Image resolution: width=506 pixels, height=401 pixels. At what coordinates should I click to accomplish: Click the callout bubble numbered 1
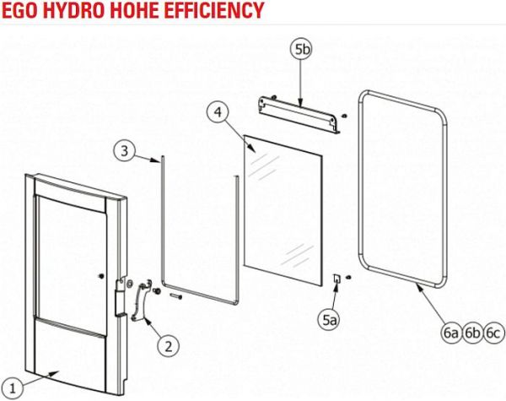pyautogui.click(x=13, y=388)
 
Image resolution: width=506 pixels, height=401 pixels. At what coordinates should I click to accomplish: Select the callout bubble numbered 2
pyautogui.click(x=169, y=347)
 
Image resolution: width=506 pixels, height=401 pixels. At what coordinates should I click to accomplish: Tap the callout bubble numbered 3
pyautogui.click(x=125, y=150)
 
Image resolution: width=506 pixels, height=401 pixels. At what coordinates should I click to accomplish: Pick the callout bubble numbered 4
pyautogui.click(x=218, y=111)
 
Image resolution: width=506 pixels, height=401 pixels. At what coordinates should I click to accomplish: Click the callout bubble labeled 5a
pyautogui.click(x=330, y=320)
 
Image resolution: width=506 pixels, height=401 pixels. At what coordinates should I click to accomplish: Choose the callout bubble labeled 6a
pyautogui.click(x=451, y=333)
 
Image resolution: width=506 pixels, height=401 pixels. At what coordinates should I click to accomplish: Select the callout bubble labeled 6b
pyautogui.click(x=472, y=333)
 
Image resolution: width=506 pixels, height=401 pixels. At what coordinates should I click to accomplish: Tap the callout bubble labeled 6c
pyautogui.click(x=493, y=333)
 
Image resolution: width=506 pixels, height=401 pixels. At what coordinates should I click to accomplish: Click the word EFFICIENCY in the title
pyautogui.click(x=213, y=10)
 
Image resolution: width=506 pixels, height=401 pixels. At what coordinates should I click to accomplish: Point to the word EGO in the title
pyautogui.click(x=20, y=10)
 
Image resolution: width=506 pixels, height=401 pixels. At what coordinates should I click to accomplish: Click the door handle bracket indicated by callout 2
pyautogui.click(x=141, y=301)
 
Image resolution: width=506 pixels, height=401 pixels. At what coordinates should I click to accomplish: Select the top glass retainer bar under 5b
pyautogui.click(x=299, y=115)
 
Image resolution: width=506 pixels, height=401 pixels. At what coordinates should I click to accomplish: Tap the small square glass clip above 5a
pyautogui.click(x=336, y=279)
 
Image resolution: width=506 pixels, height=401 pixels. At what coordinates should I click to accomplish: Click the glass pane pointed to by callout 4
pyautogui.click(x=283, y=211)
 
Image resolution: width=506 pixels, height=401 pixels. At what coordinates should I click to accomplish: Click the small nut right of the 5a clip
pyautogui.click(x=348, y=277)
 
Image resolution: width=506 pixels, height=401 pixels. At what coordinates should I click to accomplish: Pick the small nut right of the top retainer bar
pyautogui.click(x=344, y=116)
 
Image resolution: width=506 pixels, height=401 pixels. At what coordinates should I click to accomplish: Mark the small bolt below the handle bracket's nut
pyautogui.click(x=175, y=295)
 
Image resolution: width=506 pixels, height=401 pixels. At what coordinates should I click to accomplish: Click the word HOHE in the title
pyautogui.click(x=134, y=10)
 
